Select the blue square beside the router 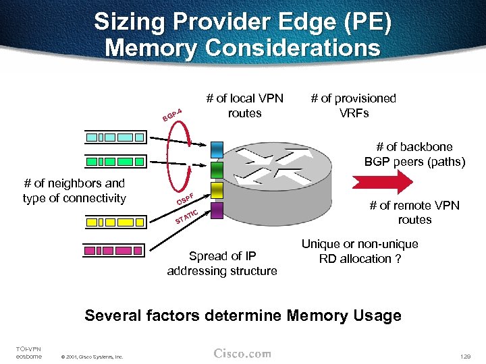(x=217, y=148)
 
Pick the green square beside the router (x=217, y=169)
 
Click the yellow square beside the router (x=217, y=190)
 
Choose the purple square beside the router (x=217, y=210)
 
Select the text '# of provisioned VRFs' (x=353, y=105)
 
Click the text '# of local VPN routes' (x=244, y=105)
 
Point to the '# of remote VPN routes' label (x=414, y=212)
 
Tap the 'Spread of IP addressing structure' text (x=222, y=263)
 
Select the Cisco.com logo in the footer (x=242, y=353)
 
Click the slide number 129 (x=464, y=355)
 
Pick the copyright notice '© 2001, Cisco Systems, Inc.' (x=92, y=357)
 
